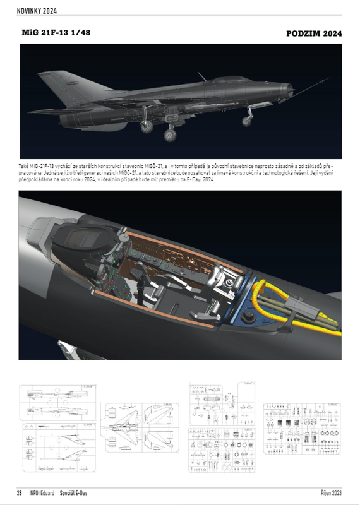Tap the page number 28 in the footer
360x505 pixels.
[x=20, y=492]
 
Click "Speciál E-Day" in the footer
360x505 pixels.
[x=75, y=492]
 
